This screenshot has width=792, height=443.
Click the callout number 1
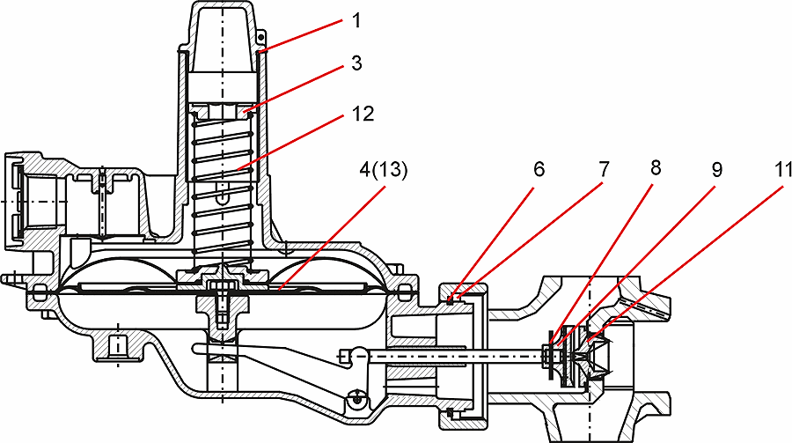tap(356, 21)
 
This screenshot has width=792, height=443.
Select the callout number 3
tap(356, 63)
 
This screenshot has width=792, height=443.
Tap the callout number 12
tap(363, 114)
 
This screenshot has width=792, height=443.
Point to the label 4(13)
tap(384, 171)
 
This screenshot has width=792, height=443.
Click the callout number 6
tap(539, 169)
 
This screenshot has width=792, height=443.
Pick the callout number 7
tap(604, 169)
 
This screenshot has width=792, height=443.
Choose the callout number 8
tap(656, 168)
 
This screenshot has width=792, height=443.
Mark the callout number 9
tap(716, 170)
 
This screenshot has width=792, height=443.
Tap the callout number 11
tap(782, 169)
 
